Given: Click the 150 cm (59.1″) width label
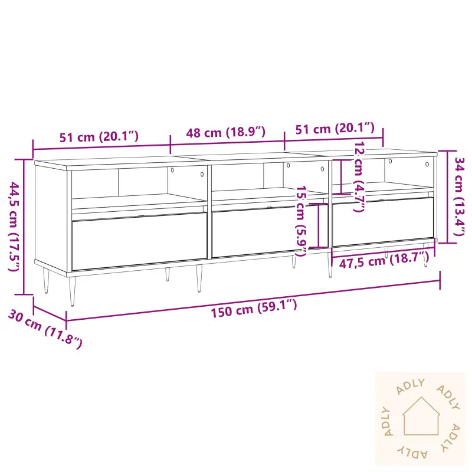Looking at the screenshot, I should pyautogui.click(x=254, y=307).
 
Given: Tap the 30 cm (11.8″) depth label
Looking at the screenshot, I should pyautogui.click(x=45, y=330).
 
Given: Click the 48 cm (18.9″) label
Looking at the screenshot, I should pyautogui.click(x=226, y=132).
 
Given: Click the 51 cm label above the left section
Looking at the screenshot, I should pyautogui.click(x=99, y=137).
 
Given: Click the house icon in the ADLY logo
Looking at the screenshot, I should pyautogui.click(x=421, y=417).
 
